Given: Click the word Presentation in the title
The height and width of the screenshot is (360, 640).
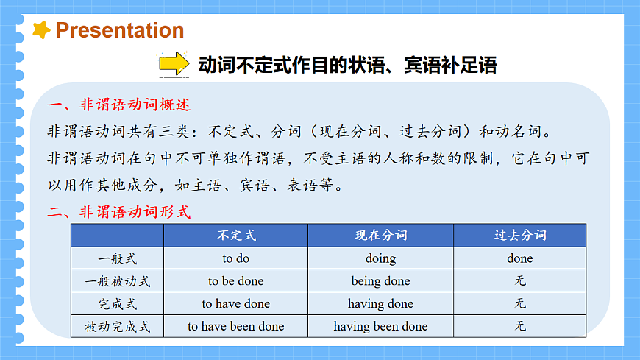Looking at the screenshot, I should [120, 30].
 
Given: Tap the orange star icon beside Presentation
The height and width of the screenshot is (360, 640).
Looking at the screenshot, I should [42, 29].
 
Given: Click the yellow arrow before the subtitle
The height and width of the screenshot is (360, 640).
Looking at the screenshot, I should [174, 64].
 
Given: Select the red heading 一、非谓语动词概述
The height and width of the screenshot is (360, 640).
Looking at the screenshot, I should [118, 105].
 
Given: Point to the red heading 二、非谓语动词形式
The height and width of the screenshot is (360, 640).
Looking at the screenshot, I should [118, 213].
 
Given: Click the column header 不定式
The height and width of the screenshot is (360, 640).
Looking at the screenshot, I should [236, 236].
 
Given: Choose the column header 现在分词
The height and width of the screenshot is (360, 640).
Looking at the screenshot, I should [380, 236].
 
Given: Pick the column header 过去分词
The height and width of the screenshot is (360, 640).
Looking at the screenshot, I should [520, 236].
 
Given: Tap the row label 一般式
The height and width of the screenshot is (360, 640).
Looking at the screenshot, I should [118, 258].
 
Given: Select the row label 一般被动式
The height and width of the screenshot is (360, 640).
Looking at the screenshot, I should [118, 281].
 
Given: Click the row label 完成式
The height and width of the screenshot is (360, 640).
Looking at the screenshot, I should [118, 303].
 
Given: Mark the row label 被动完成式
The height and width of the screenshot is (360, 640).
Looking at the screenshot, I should [118, 326].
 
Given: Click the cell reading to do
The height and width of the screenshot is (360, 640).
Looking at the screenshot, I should [236, 258].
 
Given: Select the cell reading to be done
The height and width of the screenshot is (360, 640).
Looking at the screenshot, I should [236, 281].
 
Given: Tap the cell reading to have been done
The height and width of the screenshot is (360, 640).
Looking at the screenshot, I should [236, 326].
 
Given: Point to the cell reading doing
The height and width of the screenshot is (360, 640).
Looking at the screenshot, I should [380, 258].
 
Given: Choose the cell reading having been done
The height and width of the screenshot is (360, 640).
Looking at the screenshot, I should [380, 326].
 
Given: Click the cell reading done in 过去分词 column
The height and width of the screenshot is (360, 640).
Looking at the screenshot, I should [520, 258].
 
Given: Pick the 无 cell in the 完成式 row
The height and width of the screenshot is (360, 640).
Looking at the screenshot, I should [520, 303].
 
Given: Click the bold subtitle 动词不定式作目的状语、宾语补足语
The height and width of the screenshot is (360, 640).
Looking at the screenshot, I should [347, 65].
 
